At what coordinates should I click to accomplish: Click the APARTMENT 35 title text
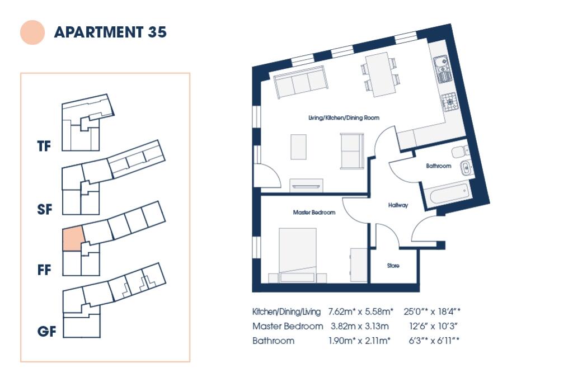110,32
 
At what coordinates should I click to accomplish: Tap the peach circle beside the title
32,32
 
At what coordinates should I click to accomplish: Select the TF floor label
44,147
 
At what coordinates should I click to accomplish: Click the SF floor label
44,210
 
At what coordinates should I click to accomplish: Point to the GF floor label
46,332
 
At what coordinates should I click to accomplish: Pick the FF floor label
44,271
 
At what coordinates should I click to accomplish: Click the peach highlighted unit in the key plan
73,238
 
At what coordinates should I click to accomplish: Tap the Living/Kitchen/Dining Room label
344,118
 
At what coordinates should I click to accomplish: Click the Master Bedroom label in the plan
314,213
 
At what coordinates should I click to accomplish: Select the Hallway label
398,205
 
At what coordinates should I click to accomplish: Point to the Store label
393,266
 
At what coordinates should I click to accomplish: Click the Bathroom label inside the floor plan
438,166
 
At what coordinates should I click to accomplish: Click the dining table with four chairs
381,74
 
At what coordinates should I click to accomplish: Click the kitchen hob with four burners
450,102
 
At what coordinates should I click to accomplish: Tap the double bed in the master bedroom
298,255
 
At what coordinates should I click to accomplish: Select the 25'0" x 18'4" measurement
439,311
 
